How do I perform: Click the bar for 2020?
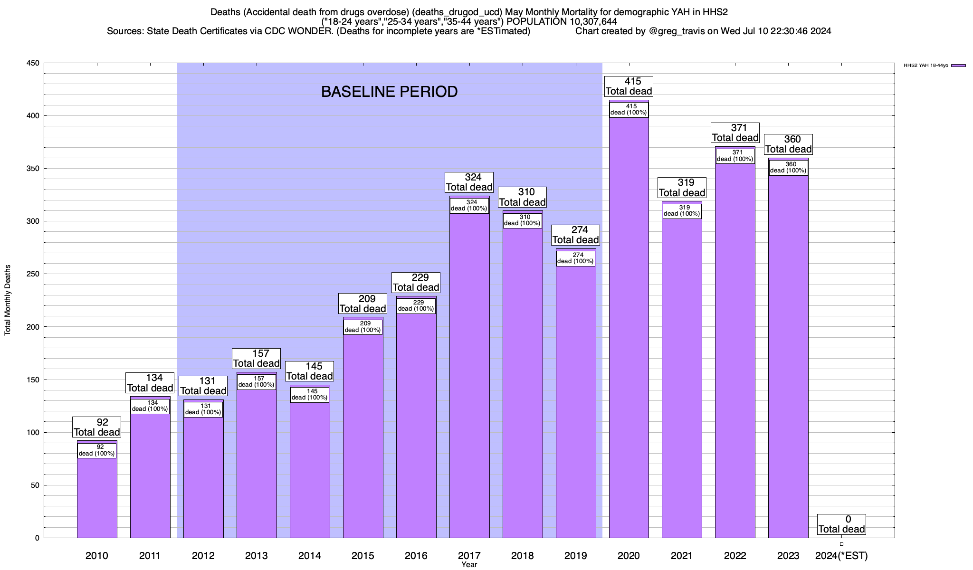(x=629, y=332)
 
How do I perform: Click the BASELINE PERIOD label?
(x=389, y=92)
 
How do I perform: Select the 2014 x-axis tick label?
(x=310, y=556)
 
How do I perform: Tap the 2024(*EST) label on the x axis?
(x=841, y=556)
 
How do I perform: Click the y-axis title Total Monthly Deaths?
(x=8, y=300)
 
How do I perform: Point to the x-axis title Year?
(x=469, y=565)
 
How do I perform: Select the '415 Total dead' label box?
(x=629, y=86)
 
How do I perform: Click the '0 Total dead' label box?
(x=841, y=524)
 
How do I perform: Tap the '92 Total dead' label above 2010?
(x=97, y=427)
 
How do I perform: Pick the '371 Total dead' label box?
(x=735, y=133)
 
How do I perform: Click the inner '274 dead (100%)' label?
(x=575, y=258)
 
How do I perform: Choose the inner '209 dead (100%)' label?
(x=362, y=327)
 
